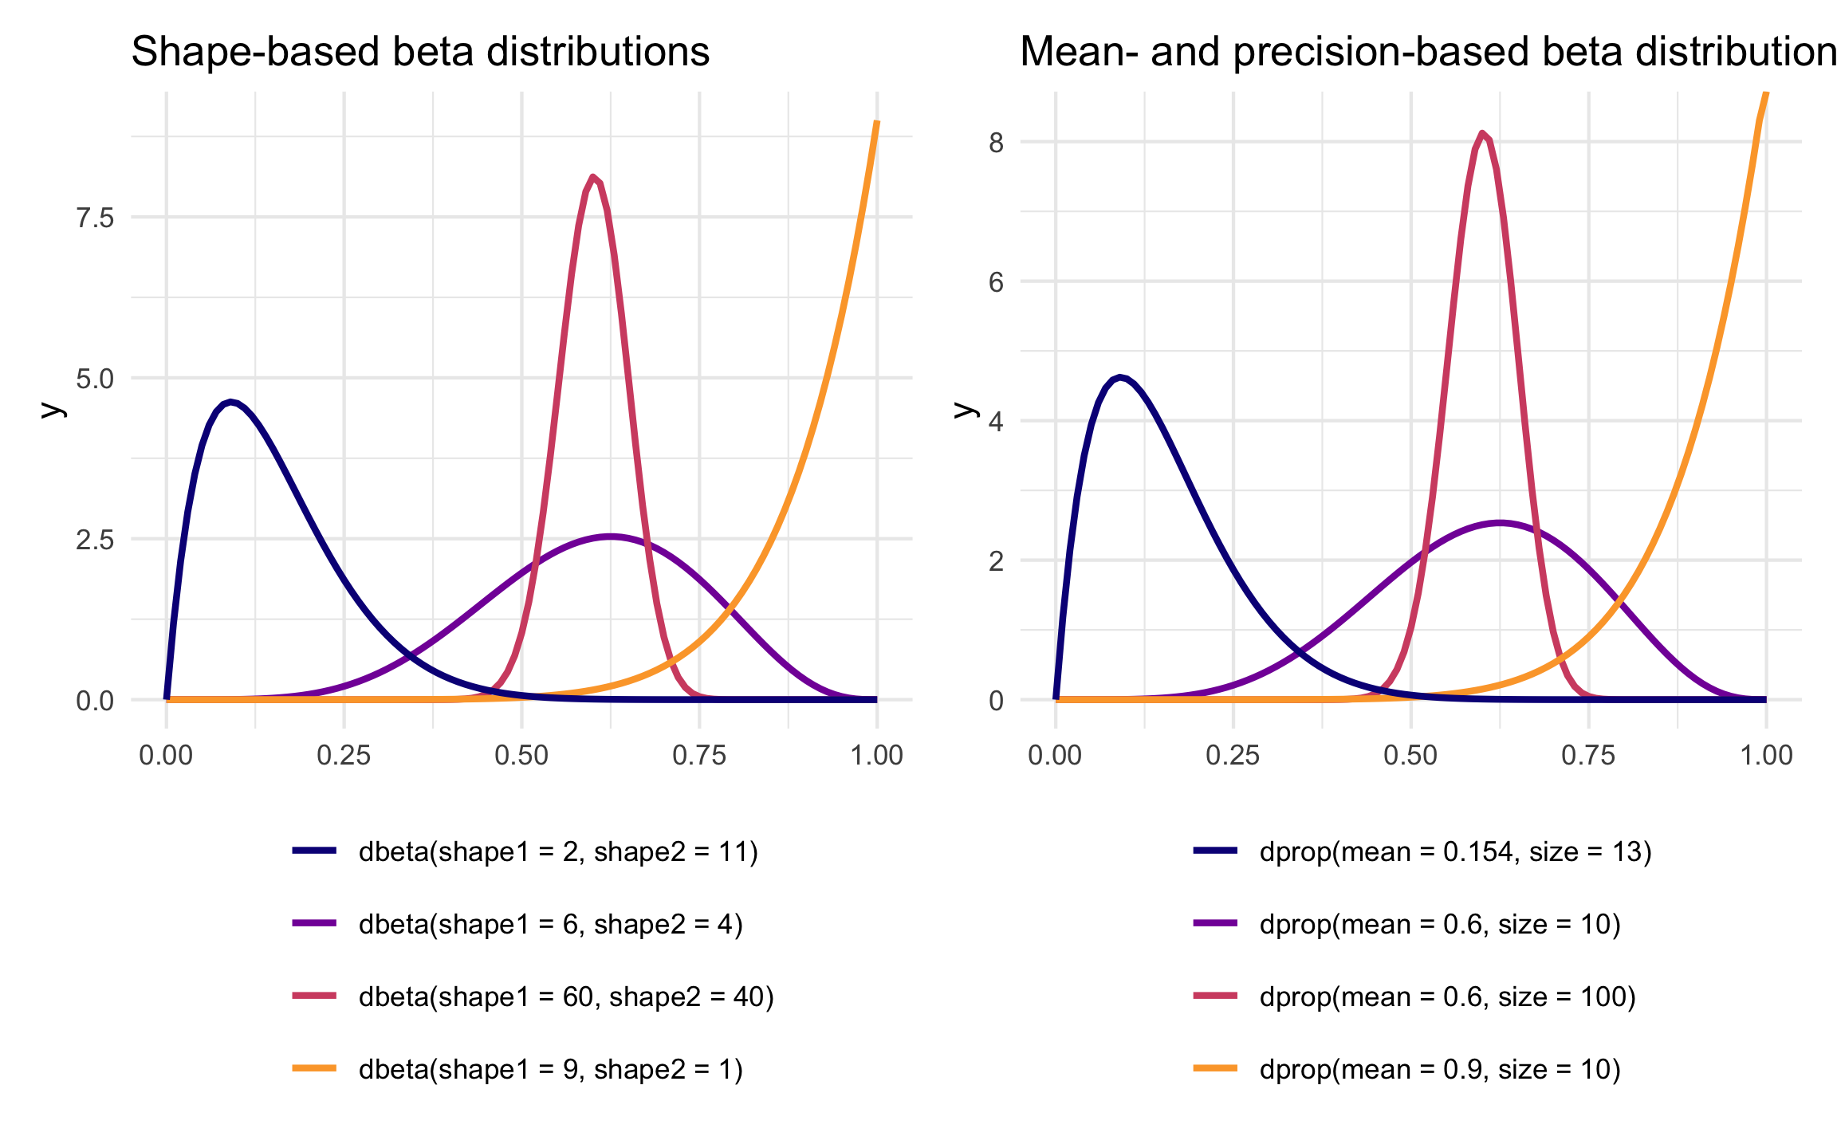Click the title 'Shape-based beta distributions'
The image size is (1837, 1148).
tap(420, 53)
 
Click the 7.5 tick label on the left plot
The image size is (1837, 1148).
tap(95, 218)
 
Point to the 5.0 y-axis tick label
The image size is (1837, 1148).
tap(95, 379)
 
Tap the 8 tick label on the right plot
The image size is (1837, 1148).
tap(996, 143)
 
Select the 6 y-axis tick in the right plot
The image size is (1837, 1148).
tap(996, 282)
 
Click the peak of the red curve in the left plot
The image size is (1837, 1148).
tap(592, 176)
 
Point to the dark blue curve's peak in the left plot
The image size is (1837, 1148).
tap(230, 402)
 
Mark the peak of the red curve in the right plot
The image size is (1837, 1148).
tap(1482, 133)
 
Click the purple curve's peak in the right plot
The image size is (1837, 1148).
tap(1500, 523)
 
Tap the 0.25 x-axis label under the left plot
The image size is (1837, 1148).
tap(344, 756)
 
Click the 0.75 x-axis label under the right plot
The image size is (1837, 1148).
tap(1588, 756)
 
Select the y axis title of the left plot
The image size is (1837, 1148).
tap(53, 409)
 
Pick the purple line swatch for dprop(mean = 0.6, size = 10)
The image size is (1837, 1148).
tap(1215, 924)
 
